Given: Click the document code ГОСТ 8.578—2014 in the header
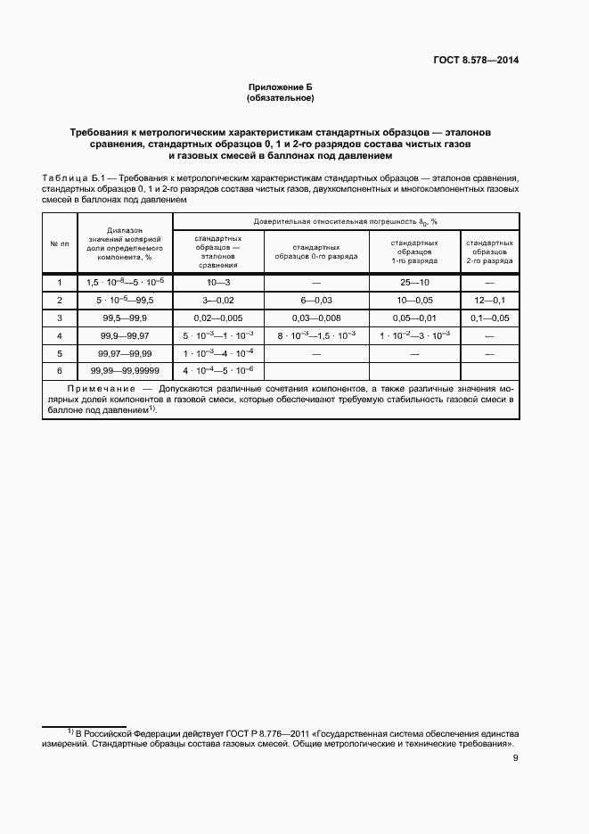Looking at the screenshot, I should point(471,61).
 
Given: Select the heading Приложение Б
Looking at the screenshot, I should point(281,87).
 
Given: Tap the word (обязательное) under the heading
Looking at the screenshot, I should point(281,97).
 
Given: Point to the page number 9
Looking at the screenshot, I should point(516,759).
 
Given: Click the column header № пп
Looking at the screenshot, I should point(60,244).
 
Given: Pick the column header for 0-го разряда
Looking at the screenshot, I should point(315,251).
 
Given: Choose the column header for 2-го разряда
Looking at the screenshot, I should point(488,251).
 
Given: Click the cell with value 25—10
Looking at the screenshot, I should point(413,282).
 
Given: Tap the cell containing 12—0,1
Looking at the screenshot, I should point(488,300).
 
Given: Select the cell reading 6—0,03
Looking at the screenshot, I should point(315,300).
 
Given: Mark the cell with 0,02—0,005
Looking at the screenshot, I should point(217,318).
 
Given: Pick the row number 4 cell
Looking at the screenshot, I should point(60,335).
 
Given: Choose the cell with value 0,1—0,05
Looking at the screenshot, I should point(488,318).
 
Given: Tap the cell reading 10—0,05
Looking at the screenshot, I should point(413,300).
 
